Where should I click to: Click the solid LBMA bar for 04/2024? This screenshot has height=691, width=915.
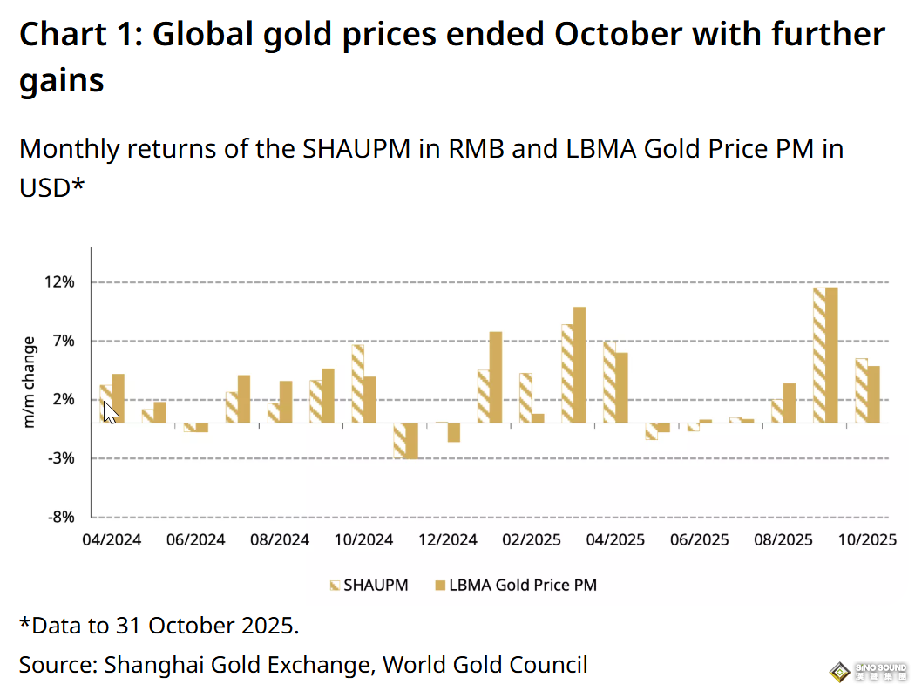point(118,398)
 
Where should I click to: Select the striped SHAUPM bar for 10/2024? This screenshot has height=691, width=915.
point(357,383)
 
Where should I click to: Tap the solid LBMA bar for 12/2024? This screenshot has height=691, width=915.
point(453,432)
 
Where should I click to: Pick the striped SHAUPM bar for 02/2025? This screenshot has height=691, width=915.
point(525,398)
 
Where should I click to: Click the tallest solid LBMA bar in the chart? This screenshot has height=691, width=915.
point(831,355)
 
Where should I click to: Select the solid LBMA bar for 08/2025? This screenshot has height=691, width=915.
point(790,403)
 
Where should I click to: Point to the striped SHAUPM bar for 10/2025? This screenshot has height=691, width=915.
point(861,390)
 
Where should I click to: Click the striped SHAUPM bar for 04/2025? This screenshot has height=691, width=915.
point(609,382)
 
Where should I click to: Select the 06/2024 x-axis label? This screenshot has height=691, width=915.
point(195,540)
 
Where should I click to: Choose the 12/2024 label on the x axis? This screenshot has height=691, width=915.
point(448,540)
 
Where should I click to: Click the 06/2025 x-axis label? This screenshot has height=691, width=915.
point(700,540)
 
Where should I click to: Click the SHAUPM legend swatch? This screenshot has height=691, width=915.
point(335,585)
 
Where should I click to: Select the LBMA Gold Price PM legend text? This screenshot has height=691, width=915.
point(523,585)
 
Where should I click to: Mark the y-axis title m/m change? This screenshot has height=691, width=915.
point(30,382)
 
